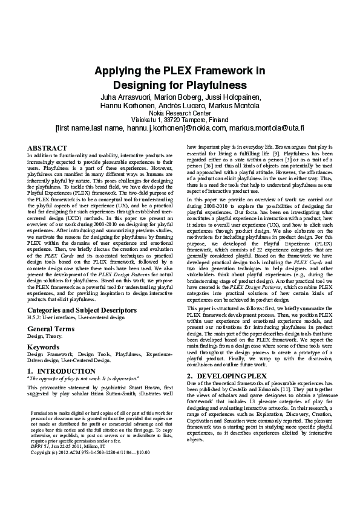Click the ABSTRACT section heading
[47, 148]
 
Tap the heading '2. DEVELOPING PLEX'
[227, 376]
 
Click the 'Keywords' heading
[43, 347]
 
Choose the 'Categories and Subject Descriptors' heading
[82, 310]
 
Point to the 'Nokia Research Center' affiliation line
[180, 113]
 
